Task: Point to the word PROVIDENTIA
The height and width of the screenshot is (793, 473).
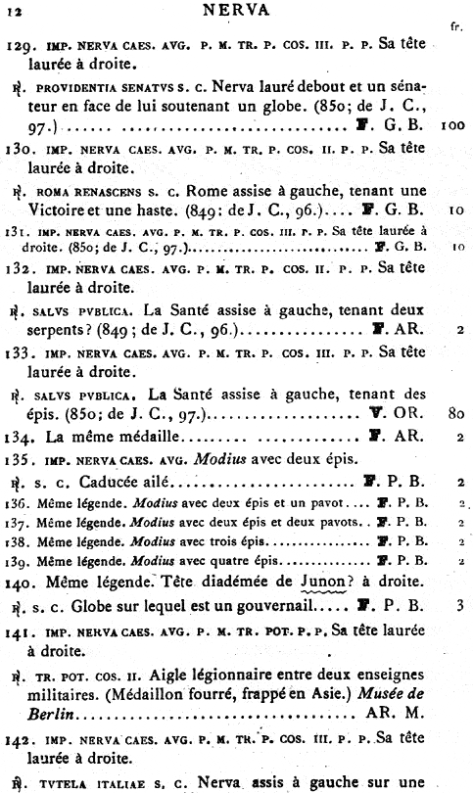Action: coord(74,87)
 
